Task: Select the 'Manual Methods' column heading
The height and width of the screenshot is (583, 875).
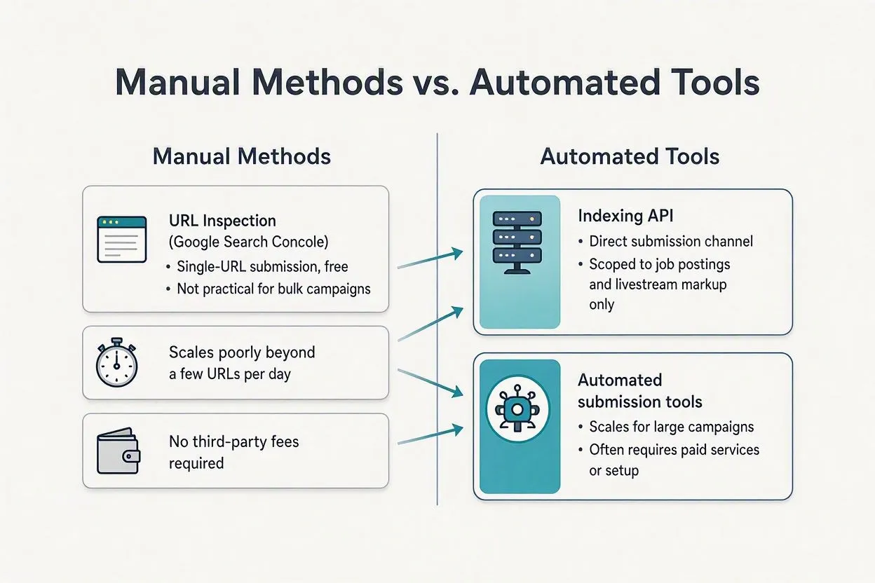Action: pyautogui.click(x=242, y=156)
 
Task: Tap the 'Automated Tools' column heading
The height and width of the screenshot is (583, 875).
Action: pyautogui.click(x=630, y=156)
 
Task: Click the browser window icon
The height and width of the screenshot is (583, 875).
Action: pyautogui.click(x=122, y=240)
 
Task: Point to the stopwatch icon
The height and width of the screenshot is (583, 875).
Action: pyautogui.click(x=117, y=362)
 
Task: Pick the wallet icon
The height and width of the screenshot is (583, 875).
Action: pyautogui.click(x=118, y=451)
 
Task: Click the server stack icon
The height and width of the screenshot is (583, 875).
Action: pyautogui.click(x=517, y=242)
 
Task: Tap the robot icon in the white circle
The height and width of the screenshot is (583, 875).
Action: pyautogui.click(x=517, y=409)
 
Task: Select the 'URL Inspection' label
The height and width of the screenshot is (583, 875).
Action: pyautogui.click(x=222, y=221)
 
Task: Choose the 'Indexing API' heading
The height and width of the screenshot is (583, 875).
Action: pyautogui.click(x=625, y=216)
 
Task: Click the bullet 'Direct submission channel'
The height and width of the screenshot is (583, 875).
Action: pyautogui.click(x=671, y=241)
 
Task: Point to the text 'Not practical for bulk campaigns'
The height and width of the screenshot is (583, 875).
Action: pyautogui.click(x=273, y=289)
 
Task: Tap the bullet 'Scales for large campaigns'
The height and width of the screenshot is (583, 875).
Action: pyautogui.click(x=672, y=427)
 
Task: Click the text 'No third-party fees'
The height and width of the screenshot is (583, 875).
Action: pyautogui.click(x=233, y=441)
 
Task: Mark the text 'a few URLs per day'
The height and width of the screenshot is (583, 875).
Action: pyautogui.click(x=230, y=374)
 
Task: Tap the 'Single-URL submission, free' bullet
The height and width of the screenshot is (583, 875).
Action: pyautogui.click(x=262, y=267)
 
